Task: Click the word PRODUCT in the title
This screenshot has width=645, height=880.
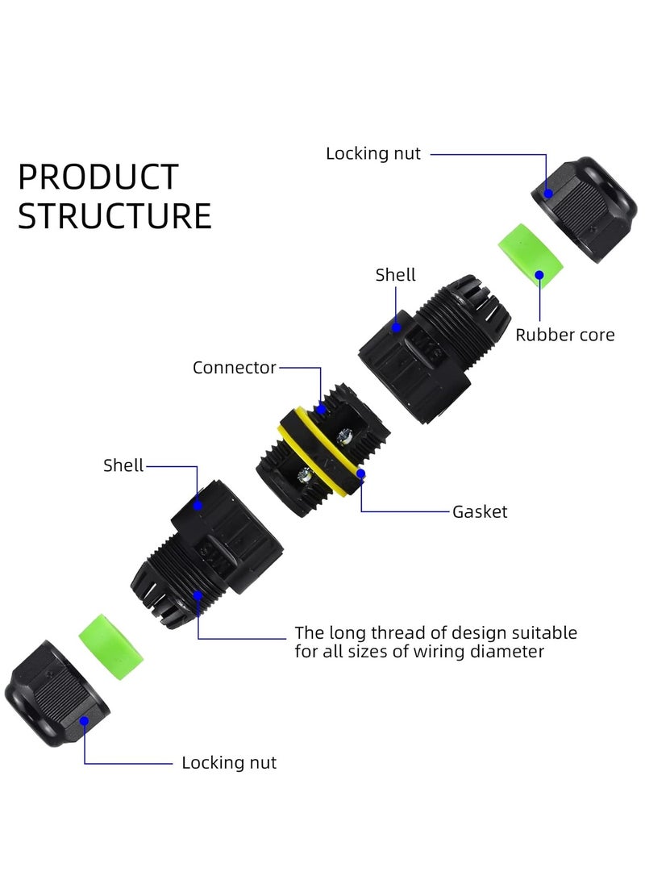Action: tap(98, 177)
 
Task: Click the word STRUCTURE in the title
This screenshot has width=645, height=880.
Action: tap(114, 217)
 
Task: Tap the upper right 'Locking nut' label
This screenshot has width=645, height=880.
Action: tap(373, 153)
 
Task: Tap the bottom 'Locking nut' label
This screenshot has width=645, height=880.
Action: tap(229, 762)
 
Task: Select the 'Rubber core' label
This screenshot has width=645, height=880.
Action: tap(564, 335)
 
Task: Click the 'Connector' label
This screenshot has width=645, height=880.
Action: tap(234, 368)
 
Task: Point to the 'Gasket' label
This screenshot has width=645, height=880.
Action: tap(480, 511)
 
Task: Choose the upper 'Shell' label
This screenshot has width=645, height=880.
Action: tap(396, 275)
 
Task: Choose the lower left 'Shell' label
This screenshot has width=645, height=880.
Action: tap(123, 465)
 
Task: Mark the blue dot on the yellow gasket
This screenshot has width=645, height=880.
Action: tap(361, 473)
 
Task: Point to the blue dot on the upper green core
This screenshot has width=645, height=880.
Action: tap(539, 274)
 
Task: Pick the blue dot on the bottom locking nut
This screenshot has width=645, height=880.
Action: tap(85, 724)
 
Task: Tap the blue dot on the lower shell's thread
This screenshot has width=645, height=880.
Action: tap(198, 595)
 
